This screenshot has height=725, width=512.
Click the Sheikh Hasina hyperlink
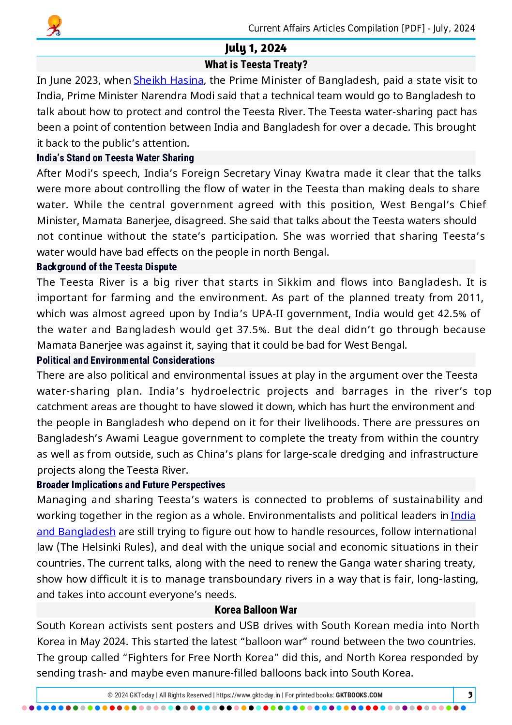coord(168,80)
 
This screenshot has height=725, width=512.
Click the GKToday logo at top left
coord(54,26)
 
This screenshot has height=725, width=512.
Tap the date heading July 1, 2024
coord(256,48)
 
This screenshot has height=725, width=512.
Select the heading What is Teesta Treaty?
coord(256,64)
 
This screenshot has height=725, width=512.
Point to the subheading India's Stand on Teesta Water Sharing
coord(115,158)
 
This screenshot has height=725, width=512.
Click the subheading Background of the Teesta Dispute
coord(106,267)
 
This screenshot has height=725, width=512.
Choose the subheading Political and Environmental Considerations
coord(125,360)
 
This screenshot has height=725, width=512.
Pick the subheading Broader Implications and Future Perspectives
coord(131,485)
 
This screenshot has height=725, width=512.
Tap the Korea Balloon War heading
coord(256,610)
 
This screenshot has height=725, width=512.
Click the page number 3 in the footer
coord(470,695)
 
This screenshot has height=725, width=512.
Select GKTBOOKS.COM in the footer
coord(359,695)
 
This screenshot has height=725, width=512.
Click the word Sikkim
coord(295,282)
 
